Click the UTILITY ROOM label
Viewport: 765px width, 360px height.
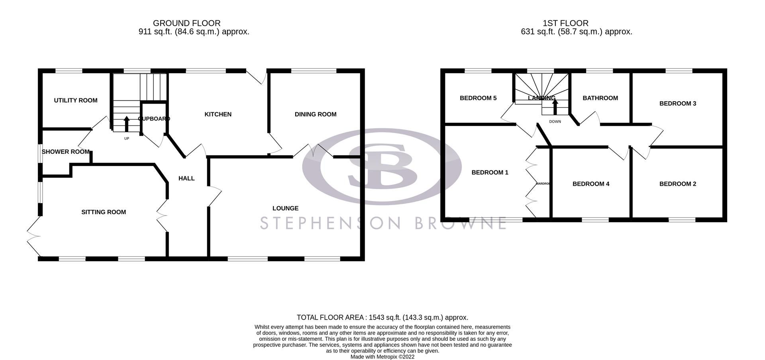pyautogui.click(x=76, y=100)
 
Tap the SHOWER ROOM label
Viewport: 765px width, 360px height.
pyautogui.click(x=65, y=152)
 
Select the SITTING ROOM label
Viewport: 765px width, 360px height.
pyautogui.click(x=104, y=212)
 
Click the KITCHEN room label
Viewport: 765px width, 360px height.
pyautogui.click(x=218, y=114)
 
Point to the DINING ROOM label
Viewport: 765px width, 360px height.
pyautogui.click(x=316, y=114)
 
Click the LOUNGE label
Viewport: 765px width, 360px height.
pyautogui.click(x=285, y=208)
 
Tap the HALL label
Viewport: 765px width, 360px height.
pyautogui.click(x=186, y=178)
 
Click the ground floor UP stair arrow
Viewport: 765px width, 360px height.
pyautogui.click(x=127, y=123)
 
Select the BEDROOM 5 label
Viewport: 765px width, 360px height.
pyautogui.click(x=478, y=98)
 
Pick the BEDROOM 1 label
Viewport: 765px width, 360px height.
pyautogui.click(x=490, y=172)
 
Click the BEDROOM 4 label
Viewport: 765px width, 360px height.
pyautogui.click(x=591, y=184)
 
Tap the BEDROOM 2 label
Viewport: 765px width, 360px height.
pyautogui.click(x=678, y=184)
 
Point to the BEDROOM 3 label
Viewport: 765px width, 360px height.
pyautogui.click(x=678, y=104)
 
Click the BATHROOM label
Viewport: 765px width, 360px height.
pyautogui.click(x=600, y=98)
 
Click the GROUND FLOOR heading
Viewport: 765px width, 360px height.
pyautogui.click(x=186, y=23)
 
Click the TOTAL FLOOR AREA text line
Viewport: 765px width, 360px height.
pyautogui.click(x=382, y=317)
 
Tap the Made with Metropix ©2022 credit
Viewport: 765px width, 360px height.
pyautogui.click(x=382, y=357)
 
